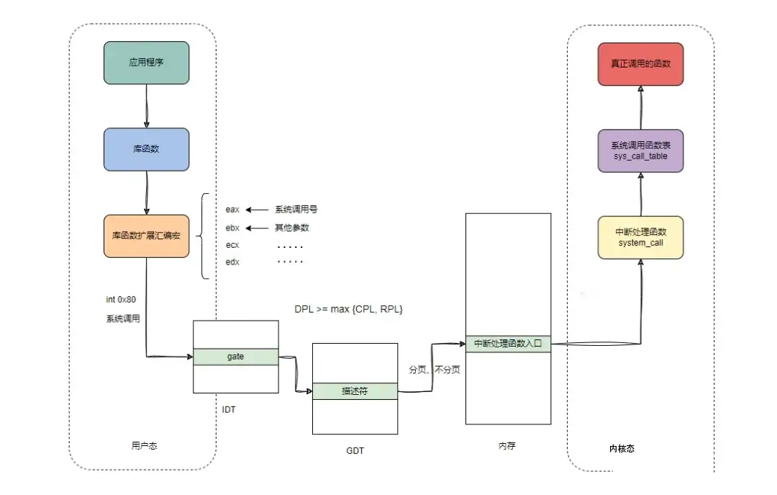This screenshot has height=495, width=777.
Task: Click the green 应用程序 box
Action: [146, 63]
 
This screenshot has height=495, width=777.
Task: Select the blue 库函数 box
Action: [146, 149]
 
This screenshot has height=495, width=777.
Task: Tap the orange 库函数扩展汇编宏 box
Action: [146, 236]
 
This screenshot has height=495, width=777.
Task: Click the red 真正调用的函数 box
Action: [640, 64]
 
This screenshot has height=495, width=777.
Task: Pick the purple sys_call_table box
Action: [640, 151]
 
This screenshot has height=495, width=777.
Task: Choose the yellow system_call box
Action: [640, 237]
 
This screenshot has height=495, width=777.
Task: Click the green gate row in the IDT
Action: [236, 357]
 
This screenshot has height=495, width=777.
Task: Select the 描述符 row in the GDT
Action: [355, 391]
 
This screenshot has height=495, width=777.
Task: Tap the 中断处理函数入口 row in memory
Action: [508, 344]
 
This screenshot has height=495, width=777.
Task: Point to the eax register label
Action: [232, 210]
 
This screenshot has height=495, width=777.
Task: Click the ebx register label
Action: [232, 228]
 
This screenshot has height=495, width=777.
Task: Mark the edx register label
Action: [232, 262]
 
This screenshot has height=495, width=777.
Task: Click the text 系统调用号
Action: [296, 210]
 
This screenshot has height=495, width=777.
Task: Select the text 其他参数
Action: [292, 228]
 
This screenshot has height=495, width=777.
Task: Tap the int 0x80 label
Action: [122, 299]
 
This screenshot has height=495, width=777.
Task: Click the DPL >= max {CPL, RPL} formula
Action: [349, 308]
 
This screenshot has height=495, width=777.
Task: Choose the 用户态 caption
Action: [145, 446]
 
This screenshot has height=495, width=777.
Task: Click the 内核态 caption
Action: [622, 448]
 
